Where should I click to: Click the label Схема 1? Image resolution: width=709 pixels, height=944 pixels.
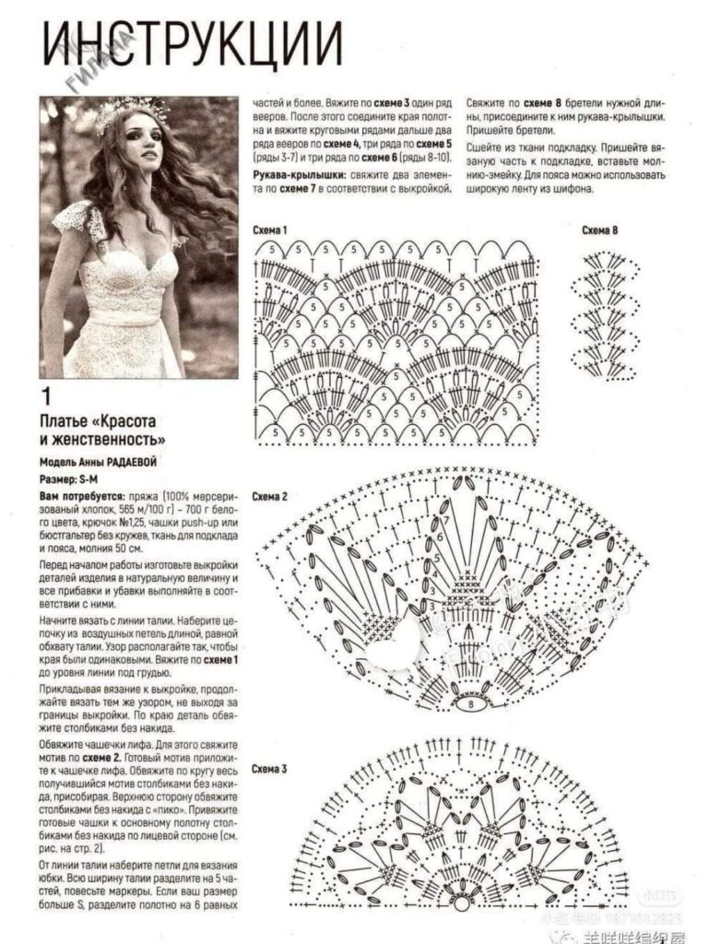[x=271, y=229]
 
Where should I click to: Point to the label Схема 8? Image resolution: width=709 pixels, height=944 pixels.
[x=600, y=230]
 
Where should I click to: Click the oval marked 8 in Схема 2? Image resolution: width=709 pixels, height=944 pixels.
[x=471, y=703]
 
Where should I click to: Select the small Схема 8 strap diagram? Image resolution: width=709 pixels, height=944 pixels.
[x=600, y=310]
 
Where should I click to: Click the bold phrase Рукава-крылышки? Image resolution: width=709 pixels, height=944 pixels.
[x=294, y=174]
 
